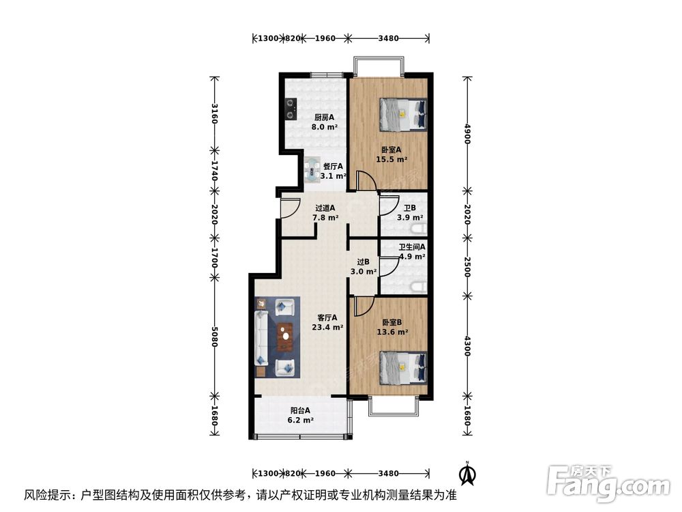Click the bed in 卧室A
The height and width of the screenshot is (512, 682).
point(402,114)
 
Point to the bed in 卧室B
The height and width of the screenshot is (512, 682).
point(402,367)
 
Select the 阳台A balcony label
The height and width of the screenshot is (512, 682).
point(301,410)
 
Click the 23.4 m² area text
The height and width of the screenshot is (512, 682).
point(327,328)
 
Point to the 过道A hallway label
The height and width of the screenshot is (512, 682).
point(325,208)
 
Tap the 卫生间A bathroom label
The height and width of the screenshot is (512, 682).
point(412,247)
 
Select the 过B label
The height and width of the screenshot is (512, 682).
point(364,261)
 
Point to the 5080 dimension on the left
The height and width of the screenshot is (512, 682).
point(215,336)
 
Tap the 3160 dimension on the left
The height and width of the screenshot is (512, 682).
point(215,113)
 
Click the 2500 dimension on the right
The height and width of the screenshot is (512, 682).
point(467,266)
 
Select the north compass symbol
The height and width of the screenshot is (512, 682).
point(467,472)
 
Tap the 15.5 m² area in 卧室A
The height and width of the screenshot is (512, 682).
point(391,160)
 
